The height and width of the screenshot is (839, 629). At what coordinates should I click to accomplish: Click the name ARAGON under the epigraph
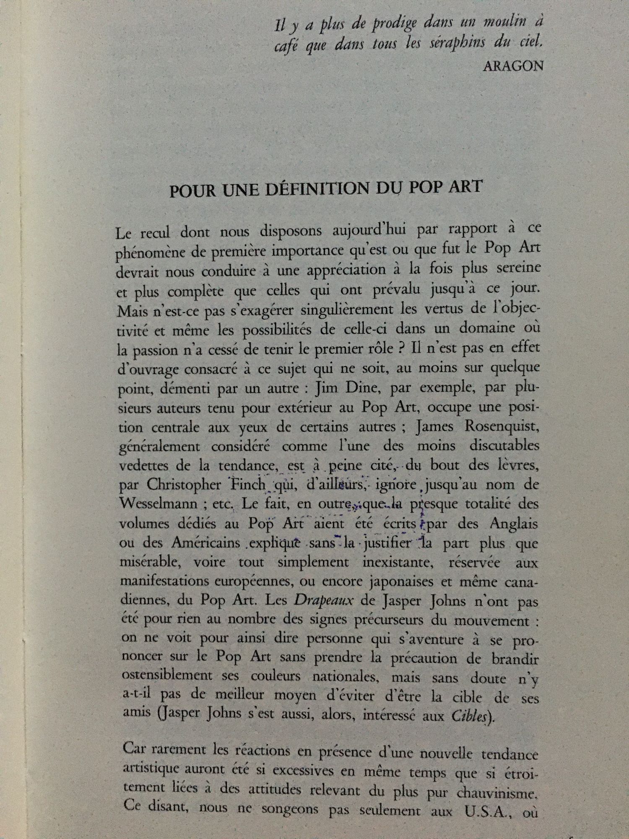tap(513, 66)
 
